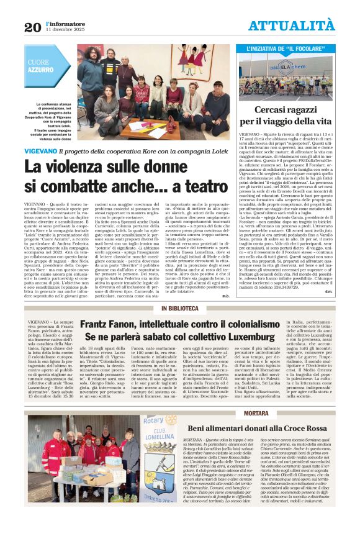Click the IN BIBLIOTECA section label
(179, 309)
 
